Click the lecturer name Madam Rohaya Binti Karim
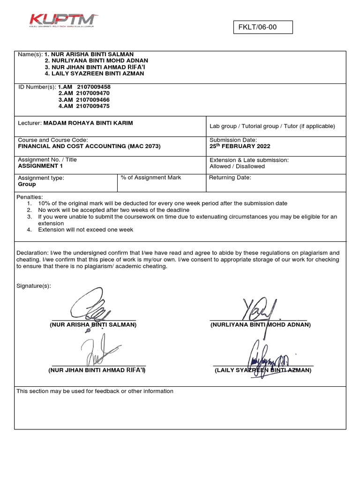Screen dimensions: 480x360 pos(88,123)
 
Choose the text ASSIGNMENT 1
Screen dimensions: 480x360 pos(40,166)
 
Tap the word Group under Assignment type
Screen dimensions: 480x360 pos(27,184)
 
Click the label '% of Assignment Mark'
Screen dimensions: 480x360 pos(150,178)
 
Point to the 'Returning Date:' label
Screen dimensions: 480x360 pos(230,178)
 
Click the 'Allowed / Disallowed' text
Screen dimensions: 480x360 pos(237,166)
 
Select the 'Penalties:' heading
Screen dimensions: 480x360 pos(30,197)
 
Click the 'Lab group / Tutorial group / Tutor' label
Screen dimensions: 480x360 pos(272,126)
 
